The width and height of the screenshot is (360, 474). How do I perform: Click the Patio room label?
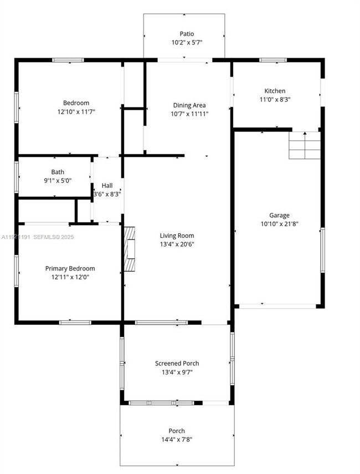click(184, 34)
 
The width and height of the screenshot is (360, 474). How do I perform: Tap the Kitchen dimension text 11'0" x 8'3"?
click(275, 100)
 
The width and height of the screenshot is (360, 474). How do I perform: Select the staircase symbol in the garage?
click(304, 146)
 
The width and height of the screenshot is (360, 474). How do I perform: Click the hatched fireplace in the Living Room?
click(129, 249)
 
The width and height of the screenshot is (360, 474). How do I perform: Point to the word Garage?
click(279, 215)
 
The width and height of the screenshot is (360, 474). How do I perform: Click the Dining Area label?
click(190, 105)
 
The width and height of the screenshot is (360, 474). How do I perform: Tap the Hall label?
click(107, 186)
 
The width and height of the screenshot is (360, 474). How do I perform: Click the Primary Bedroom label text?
click(70, 268)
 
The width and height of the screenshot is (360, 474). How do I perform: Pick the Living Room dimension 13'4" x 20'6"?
click(177, 244)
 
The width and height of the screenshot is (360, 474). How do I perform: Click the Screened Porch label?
click(177, 364)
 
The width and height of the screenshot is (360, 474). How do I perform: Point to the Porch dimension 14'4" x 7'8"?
click(177, 440)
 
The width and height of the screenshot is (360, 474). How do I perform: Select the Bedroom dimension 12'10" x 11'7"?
click(76, 111)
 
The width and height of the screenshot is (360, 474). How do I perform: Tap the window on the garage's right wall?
click(322, 249)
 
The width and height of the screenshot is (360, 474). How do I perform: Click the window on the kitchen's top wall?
click(273, 60)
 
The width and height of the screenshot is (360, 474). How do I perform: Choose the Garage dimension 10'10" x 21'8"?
click(279, 224)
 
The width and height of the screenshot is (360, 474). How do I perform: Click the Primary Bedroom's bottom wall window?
click(75, 322)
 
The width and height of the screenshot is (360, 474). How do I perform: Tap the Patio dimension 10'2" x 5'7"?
click(184, 43)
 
